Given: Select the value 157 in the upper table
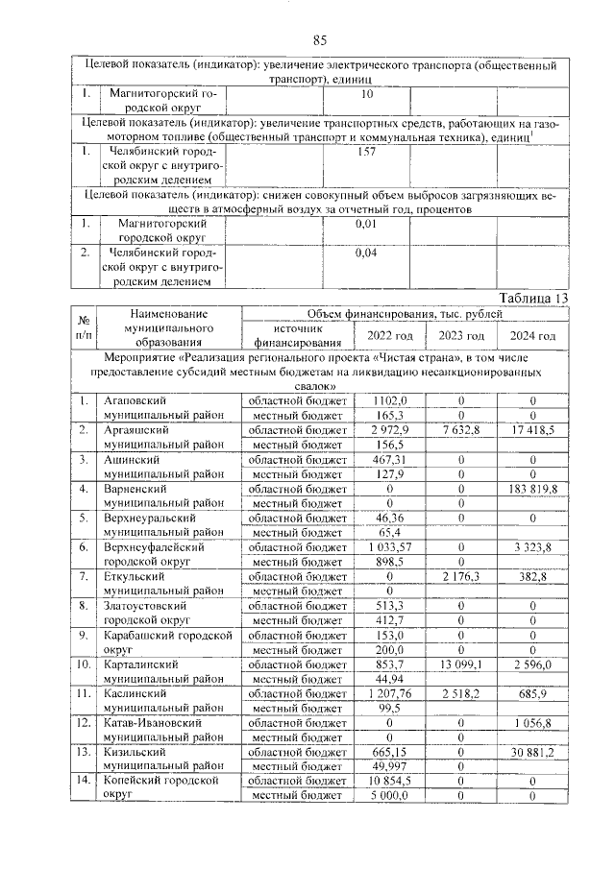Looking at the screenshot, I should (x=366, y=152).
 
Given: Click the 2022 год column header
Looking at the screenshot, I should (x=390, y=335).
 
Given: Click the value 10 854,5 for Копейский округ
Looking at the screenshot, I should (x=390, y=781).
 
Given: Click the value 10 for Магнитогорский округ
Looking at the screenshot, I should (x=366, y=95).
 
